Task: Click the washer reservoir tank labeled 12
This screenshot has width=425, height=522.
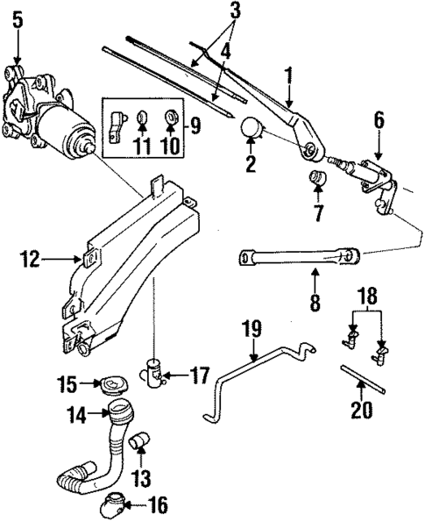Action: (131, 263)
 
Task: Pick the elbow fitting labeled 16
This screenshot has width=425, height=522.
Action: (115, 504)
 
